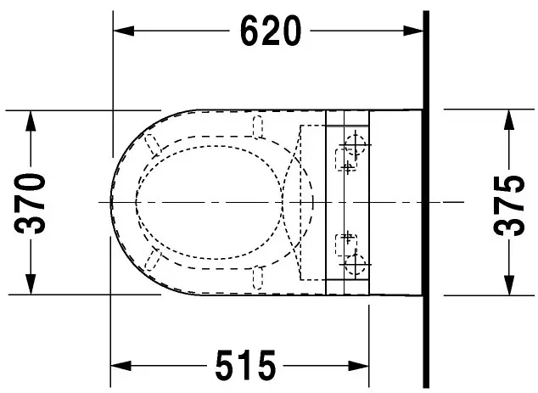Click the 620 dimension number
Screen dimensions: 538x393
271,31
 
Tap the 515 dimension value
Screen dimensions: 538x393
245,365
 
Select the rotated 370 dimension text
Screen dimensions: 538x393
31,203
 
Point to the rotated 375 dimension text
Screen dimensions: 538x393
509,205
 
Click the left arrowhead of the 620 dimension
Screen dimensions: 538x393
124,31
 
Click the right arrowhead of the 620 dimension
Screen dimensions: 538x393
413,31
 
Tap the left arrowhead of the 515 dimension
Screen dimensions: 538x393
120,366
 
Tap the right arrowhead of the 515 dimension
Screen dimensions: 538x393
359,366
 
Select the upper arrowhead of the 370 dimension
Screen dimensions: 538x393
31,121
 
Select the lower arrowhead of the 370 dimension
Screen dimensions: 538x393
31,284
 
